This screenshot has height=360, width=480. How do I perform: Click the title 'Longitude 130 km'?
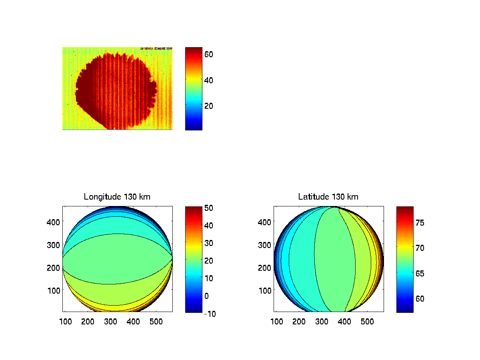click(117, 197)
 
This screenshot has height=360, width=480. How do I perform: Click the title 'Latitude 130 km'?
click(328, 197)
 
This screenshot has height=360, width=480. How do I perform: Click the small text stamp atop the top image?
click(156, 49)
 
